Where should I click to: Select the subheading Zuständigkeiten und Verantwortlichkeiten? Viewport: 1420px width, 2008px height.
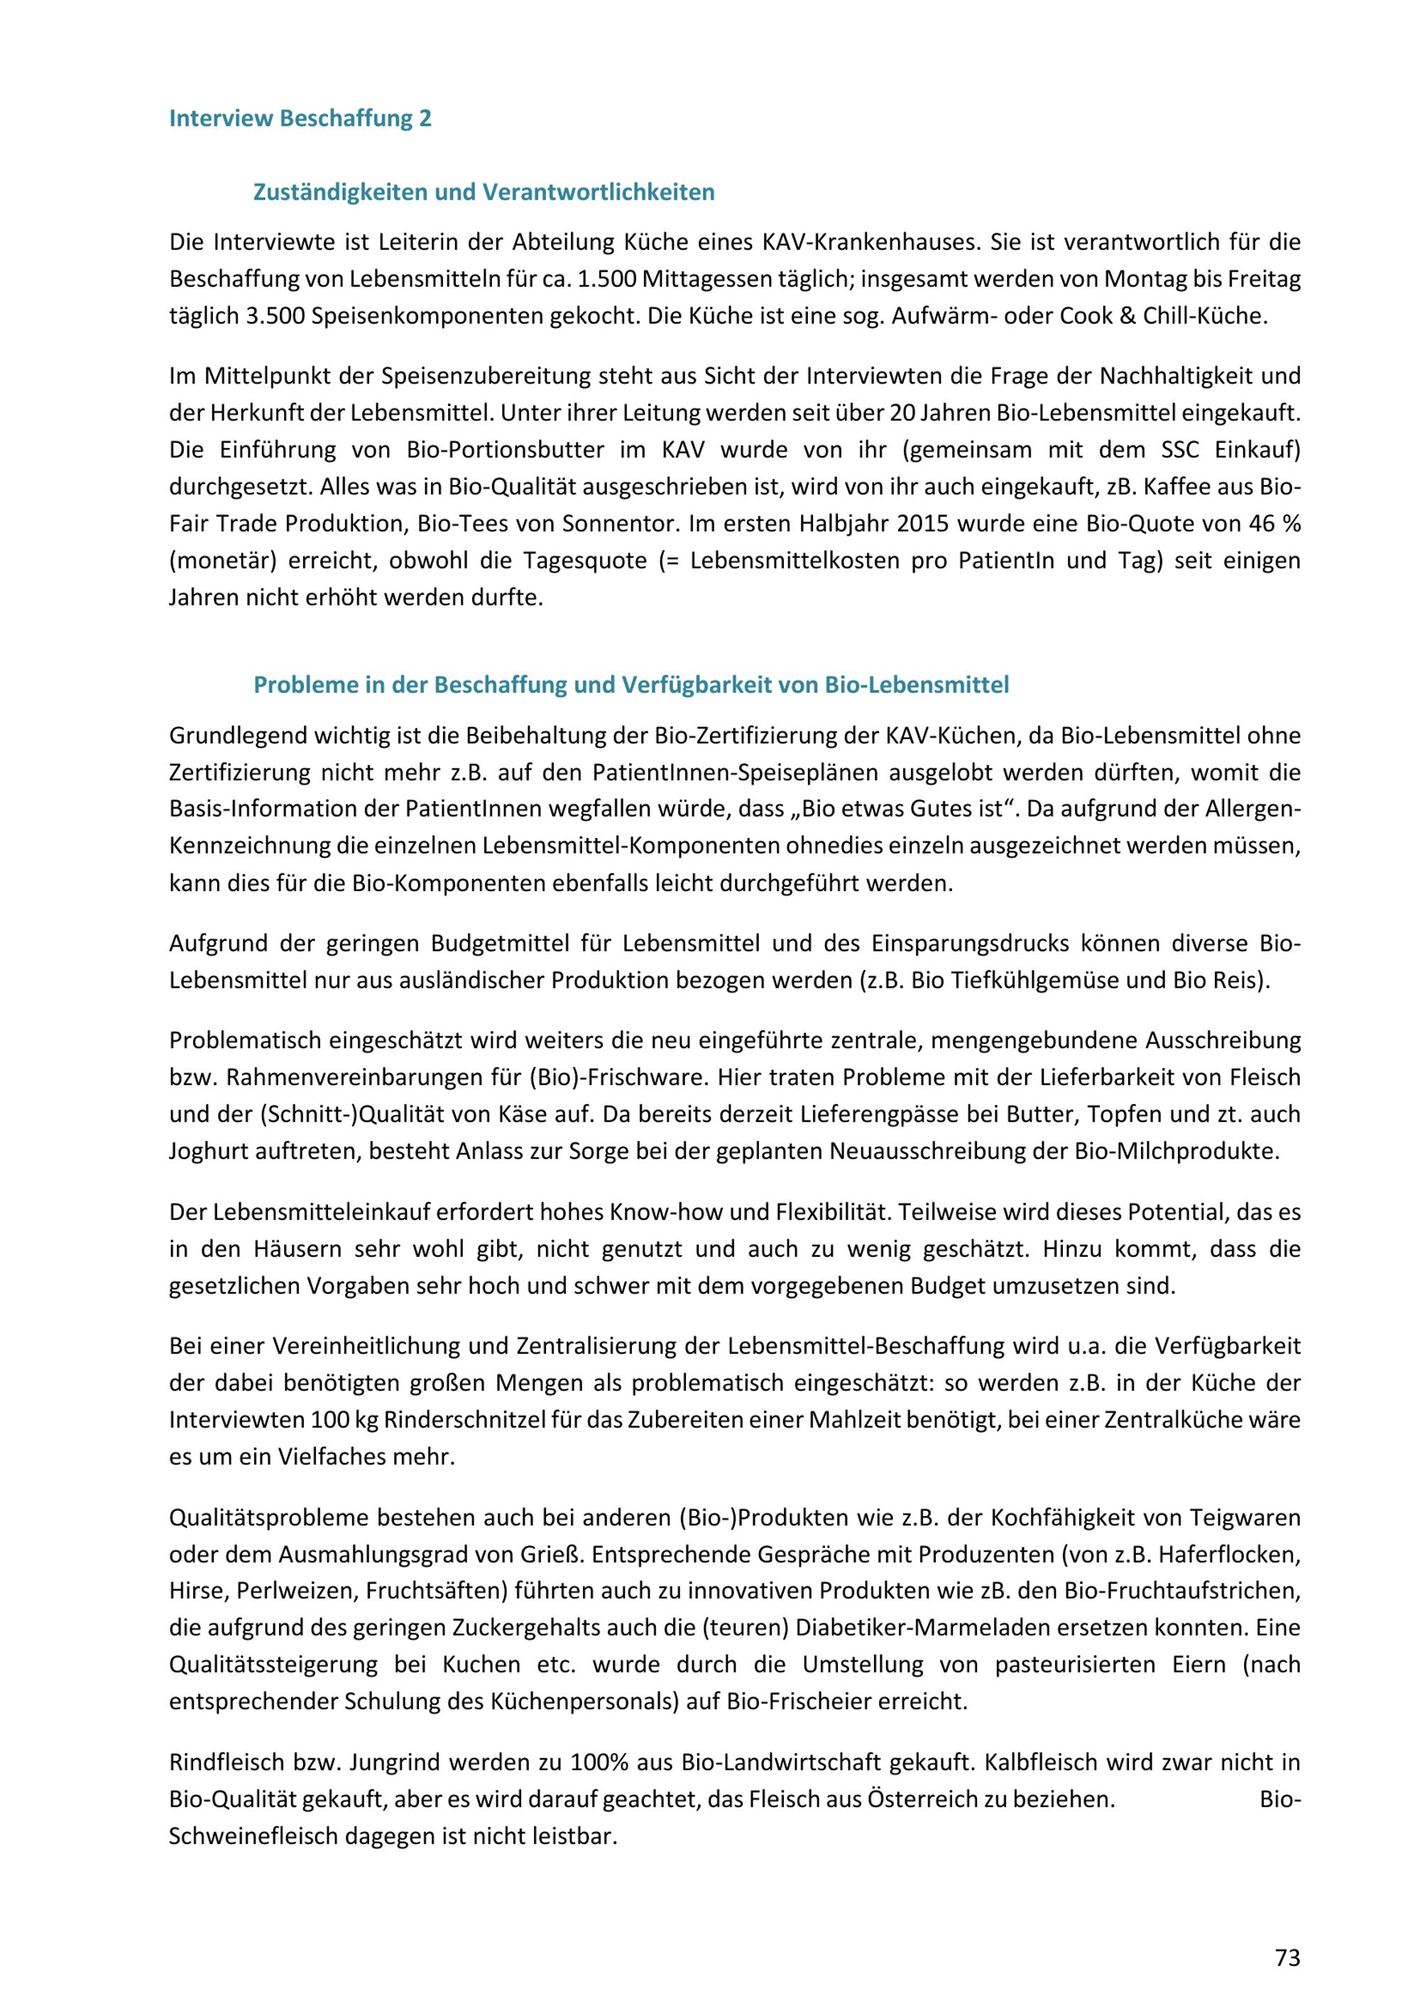tap(484, 192)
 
